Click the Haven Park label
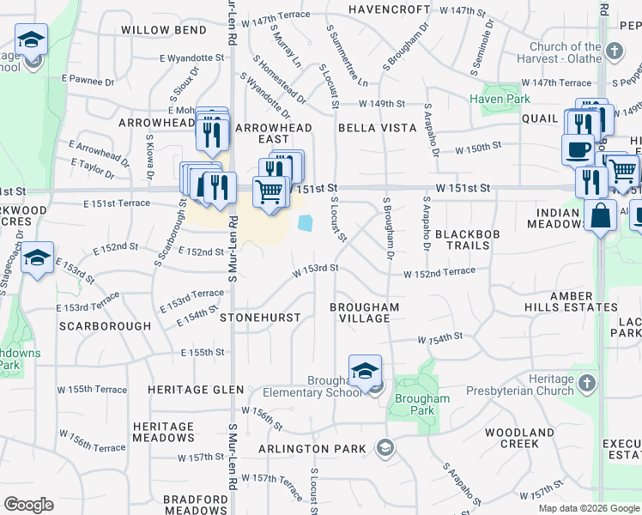(500, 99)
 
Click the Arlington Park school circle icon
(385, 447)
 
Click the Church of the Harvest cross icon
(615, 51)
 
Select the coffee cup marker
(578, 149)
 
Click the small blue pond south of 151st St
(305, 223)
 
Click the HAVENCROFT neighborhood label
(390, 9)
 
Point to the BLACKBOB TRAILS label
(462, 239)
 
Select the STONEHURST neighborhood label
(260, 318)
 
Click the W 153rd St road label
(314, 268)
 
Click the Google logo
(28, 505)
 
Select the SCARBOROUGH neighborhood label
(105, 326)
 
